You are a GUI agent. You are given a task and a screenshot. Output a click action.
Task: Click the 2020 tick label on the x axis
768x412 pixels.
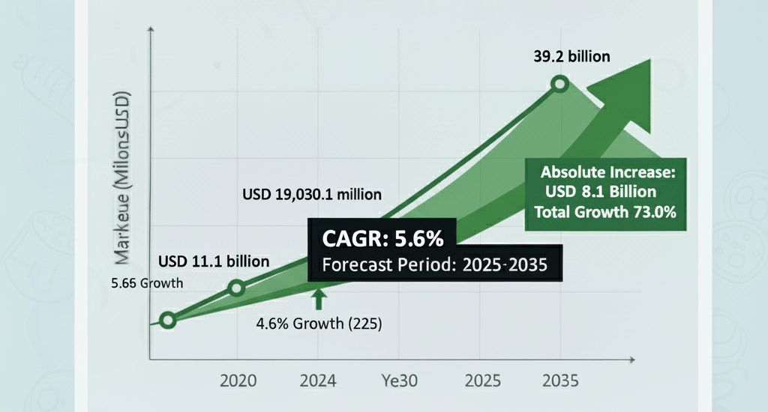(238, 381)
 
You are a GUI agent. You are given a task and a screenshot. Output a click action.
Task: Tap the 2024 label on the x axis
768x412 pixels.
(318, 381)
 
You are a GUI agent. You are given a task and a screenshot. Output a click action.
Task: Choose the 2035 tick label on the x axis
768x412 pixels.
(559, 381)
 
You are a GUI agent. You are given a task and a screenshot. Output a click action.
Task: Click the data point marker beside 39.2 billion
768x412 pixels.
(559, 85)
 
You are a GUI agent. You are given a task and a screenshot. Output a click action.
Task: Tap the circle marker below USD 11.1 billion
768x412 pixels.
(236, 288)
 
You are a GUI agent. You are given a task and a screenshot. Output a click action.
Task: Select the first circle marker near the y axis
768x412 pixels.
(168, 321)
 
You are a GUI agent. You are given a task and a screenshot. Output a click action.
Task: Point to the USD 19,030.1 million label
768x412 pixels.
(312, 194)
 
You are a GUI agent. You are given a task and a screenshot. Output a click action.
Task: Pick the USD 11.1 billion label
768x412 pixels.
(214, 261)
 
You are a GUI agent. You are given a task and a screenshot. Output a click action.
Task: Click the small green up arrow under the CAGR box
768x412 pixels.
(319, 299)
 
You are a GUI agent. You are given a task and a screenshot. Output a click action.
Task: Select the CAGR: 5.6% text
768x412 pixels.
(382, 240)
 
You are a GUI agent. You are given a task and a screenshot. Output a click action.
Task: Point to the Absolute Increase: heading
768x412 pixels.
(608, 172)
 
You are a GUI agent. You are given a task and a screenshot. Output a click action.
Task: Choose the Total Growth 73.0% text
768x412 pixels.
(606, 212)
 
